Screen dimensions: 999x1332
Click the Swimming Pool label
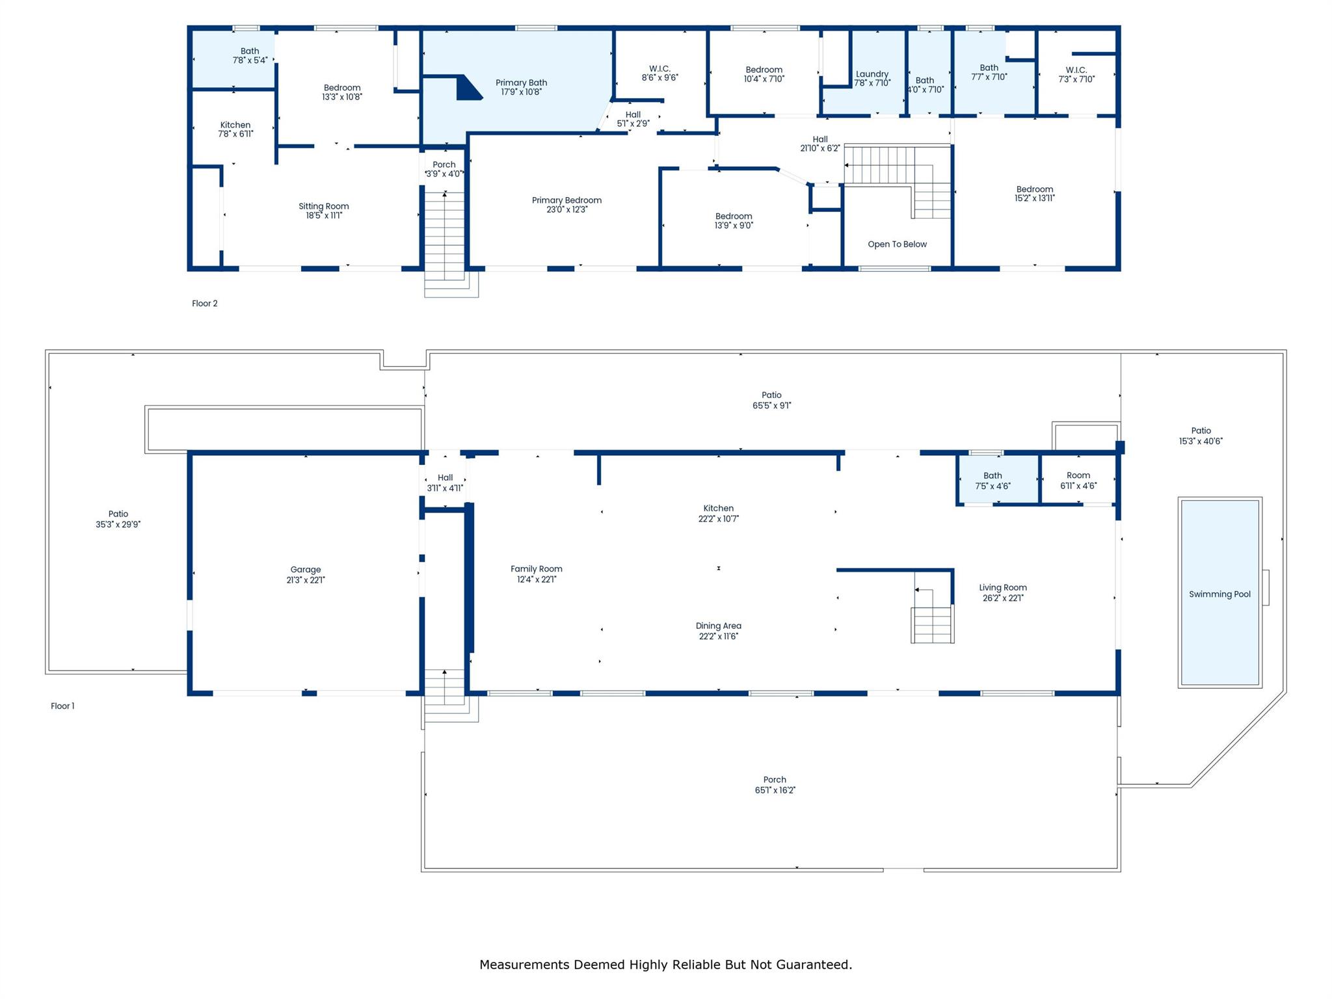(1219, 594)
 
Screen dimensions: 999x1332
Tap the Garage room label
(306, 570)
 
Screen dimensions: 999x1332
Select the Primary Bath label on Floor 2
(521, 83)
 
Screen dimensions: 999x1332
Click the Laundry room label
(872, 74)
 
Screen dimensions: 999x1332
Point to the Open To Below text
(897, 244)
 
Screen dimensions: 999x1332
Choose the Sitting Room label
(324, 206)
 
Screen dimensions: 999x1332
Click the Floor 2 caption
(205, 303)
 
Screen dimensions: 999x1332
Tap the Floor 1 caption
(62, 706)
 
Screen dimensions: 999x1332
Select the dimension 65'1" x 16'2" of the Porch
(775, 790)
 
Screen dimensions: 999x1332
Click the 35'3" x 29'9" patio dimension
(118, 524)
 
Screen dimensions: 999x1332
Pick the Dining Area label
(718, 626)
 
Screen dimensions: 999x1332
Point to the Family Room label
(536, 568)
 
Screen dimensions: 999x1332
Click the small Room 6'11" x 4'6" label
(1078, 475)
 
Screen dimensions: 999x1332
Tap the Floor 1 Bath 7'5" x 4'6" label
(992, 475)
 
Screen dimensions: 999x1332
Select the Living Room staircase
(932, 624)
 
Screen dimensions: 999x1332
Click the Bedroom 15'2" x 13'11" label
(1034, 189)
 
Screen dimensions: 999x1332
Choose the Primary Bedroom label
(566, 200)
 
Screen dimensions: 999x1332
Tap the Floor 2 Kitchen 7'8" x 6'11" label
(235, 125)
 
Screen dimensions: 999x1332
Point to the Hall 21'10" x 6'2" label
(819, 139)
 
